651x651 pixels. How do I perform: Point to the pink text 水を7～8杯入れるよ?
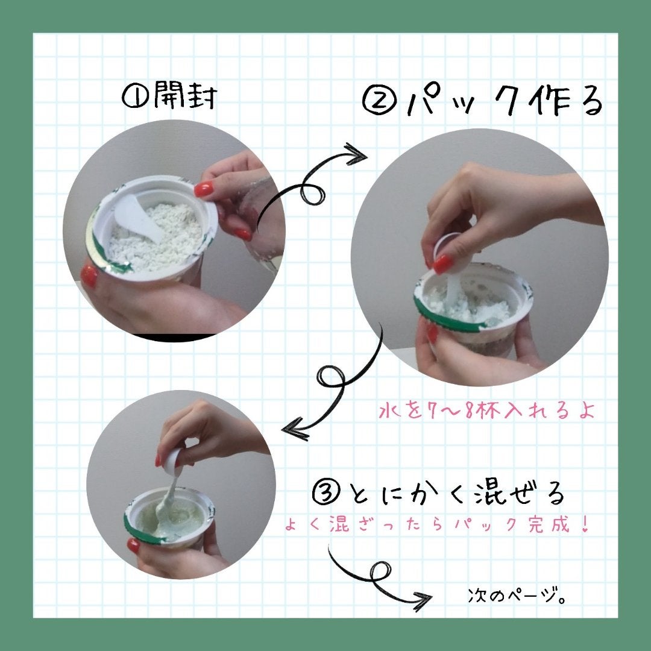[486, 410]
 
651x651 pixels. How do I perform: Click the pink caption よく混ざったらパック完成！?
[437, 524]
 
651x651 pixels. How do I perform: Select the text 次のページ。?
[517, 596]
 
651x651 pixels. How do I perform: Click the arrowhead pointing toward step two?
[356, 154]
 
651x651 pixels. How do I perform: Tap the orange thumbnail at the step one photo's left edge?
[89, 276]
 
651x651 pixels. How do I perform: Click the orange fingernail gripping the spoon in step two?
[442, 263]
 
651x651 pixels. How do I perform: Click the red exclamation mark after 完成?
[585, 524]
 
